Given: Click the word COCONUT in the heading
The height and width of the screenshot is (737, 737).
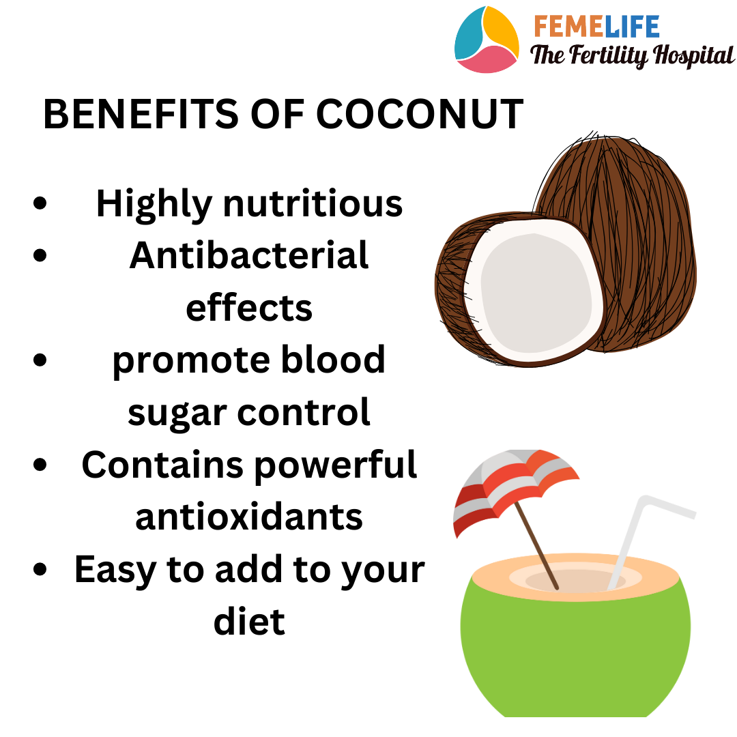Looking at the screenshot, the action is point(419,114).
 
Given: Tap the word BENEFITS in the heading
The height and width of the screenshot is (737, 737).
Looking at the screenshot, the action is point(141,114).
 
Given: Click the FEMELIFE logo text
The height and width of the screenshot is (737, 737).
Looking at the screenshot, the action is point(596,27).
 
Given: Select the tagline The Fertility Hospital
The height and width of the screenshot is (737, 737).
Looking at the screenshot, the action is point(632,55).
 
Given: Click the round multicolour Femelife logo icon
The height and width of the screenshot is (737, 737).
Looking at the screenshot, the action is point(487,40).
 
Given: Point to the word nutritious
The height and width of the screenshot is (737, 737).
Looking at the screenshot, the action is point(313,203).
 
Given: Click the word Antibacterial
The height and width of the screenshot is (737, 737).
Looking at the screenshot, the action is point(249,255).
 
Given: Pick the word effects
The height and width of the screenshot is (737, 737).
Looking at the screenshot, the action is point(249,307).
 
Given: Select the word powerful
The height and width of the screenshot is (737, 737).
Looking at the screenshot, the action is point(336,465).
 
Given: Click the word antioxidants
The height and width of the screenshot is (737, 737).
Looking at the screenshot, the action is point(249,517).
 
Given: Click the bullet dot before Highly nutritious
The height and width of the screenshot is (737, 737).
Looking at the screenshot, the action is point(40,203).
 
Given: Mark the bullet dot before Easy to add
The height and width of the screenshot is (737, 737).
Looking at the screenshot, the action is point(40,568).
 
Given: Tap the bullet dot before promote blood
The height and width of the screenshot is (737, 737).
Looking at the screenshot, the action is point(40,360).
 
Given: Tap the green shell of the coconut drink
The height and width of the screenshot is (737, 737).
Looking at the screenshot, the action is point(575,649).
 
